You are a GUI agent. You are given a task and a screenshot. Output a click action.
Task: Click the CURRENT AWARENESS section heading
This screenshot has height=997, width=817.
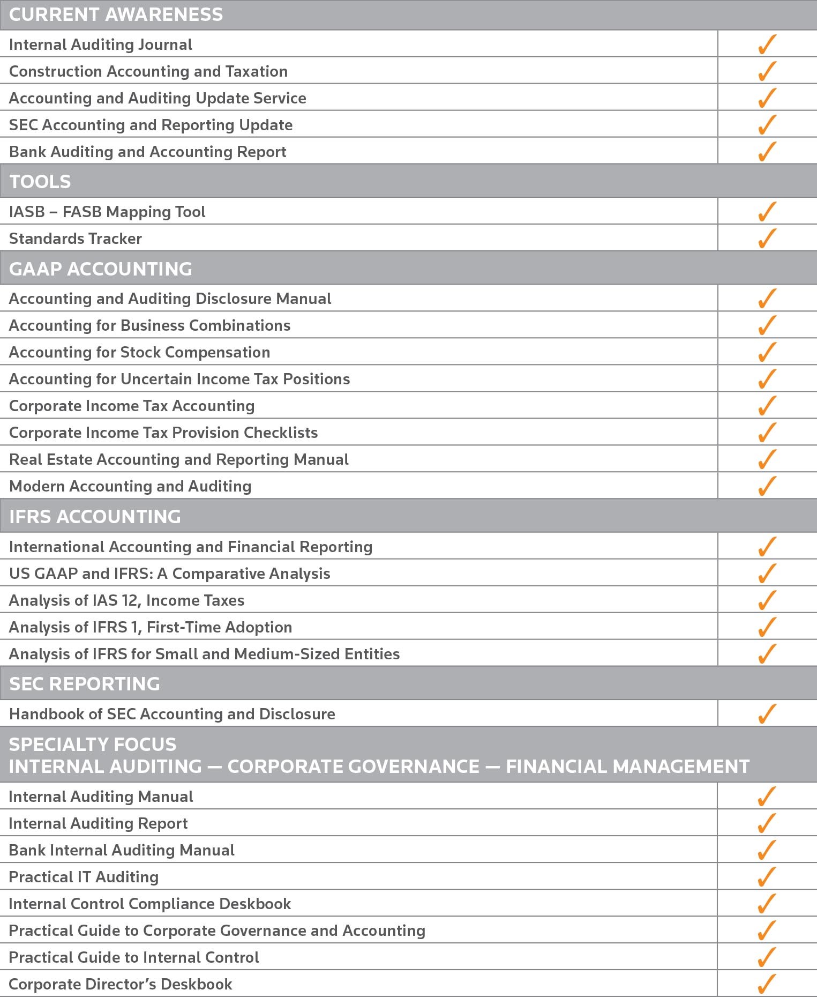pos(116,14)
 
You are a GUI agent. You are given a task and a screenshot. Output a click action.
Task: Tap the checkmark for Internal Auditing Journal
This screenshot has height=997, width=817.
pos(767,44)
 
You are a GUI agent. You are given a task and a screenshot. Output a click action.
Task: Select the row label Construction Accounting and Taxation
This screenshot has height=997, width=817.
pos(148,71)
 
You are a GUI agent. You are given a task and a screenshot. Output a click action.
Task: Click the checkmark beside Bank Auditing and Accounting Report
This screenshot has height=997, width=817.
pos(767,151)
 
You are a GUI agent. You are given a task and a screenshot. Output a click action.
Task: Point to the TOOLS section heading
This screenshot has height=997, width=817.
pos(40,182)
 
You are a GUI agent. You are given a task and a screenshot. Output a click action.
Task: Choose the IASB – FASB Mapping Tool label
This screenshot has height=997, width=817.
pos(107,212)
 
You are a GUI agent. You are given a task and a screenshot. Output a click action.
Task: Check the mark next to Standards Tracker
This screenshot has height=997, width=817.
pos(767,238)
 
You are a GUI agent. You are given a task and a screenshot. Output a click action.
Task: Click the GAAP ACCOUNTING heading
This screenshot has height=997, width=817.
pos(101,269)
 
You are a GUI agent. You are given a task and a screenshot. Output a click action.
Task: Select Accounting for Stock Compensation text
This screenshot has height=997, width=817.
pos(140,352)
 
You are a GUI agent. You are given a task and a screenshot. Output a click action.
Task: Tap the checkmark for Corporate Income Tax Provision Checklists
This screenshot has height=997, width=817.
pos(767,432)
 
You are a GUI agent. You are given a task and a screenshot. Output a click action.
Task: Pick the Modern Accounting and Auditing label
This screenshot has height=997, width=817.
pos(130,486)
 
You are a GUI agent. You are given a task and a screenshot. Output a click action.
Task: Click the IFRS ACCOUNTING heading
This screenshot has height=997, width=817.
pos(95,516)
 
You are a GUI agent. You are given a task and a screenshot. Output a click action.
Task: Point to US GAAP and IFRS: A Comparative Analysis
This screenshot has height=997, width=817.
pos(170,574)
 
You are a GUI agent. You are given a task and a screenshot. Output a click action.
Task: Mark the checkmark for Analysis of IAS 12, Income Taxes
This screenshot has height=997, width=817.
pos(767,600)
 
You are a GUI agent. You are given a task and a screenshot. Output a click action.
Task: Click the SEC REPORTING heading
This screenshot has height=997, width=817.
pos(85,683)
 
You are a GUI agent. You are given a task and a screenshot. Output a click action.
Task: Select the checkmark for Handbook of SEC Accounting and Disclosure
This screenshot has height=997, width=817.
pos(767,713)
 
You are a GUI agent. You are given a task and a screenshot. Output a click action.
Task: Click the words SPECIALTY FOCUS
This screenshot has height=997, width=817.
pos(93,744)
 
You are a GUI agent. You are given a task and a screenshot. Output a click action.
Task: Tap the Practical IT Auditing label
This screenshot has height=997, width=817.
pos(84,877)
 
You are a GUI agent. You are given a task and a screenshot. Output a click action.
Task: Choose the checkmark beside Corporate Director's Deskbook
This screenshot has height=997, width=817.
pos(767,984)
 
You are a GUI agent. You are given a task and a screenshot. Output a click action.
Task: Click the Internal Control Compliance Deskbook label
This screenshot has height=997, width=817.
pos(150,904)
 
